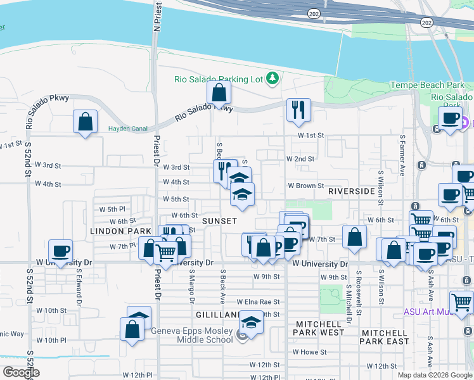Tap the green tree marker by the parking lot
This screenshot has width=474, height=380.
tap(272, 78)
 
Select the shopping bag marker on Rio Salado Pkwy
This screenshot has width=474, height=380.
tap(219, 93)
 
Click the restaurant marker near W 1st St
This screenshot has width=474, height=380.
tap(298, 110)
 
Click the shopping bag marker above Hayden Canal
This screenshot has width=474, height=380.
tap(85, 122)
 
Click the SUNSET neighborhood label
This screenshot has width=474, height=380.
tap(219, 221)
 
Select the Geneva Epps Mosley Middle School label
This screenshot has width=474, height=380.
tap(192, 334)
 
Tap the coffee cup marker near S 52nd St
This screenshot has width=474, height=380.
tap(60, 251)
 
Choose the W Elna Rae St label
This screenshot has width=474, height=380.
tap(258, 303)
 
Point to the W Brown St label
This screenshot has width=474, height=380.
tap(306, 186)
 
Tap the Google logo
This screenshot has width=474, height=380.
tap(21, 372)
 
